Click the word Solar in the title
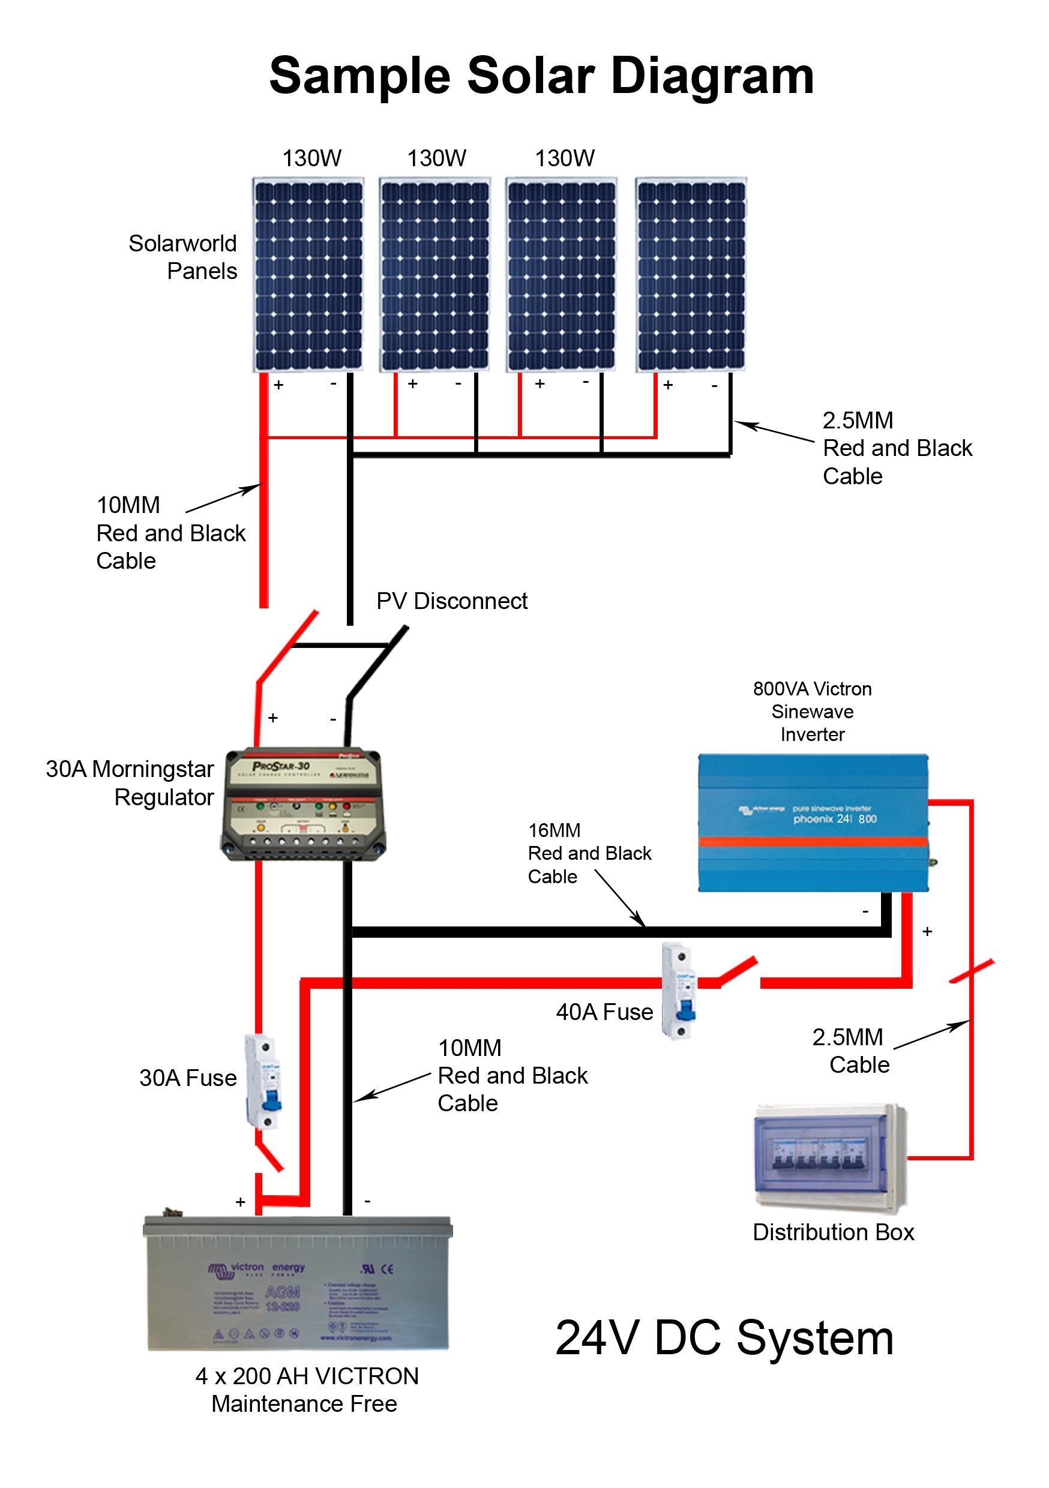[530, 76]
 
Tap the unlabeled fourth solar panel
[691, 275]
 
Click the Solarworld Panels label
[184, 257]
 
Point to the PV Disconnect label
[452, 601]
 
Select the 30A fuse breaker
[263, 1082]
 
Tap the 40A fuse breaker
[679, 992]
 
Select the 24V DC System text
[724, 1337]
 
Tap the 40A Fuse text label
[604, 1012]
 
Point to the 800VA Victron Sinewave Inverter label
[813, 712]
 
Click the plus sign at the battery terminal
[241, 1202]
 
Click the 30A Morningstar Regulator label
[130, 783]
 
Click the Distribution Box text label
[833, 1232]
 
